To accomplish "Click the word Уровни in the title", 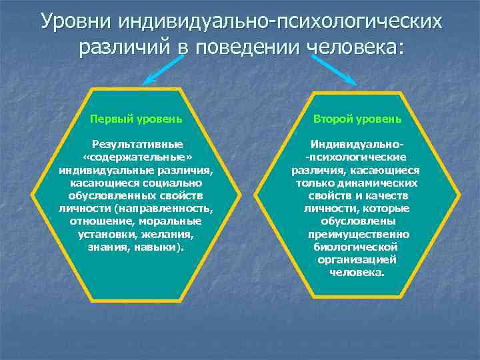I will pos(76,21).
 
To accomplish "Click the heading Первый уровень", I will pos(136,119).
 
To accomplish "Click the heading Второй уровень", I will pos(359,119).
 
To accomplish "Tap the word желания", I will pos(172,235).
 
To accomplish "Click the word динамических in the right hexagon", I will pos(387,183).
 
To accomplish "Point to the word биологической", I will pos(359,247).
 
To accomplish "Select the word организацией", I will pos(359,260).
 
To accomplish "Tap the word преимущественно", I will pos(359,235).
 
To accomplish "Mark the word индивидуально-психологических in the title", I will pos(280,21).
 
